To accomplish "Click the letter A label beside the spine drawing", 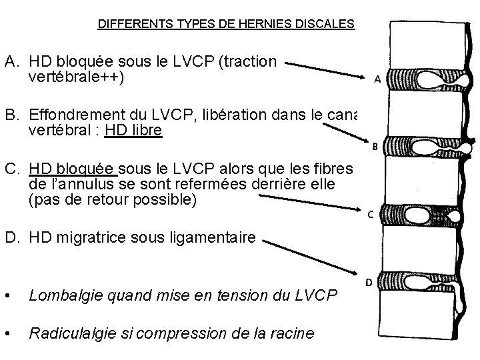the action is [377, 79].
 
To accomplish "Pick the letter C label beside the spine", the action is [371, 214].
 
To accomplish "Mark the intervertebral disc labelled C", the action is [419, 215].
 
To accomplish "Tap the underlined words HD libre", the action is [133, 131].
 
